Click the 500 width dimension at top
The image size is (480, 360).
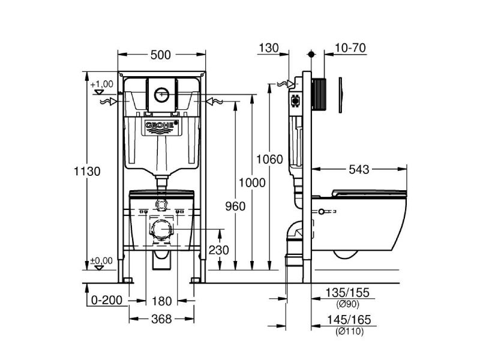coord(160,55)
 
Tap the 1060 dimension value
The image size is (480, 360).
coord(267,159)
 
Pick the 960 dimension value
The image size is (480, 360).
coord(235,207)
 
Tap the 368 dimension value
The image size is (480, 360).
coord(160,318)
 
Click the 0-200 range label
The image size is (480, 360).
coord(106,300)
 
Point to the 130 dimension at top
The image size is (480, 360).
coord(270,48)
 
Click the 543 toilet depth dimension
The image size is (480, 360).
coord(359,170)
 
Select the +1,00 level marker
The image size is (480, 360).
coord(102,84)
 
